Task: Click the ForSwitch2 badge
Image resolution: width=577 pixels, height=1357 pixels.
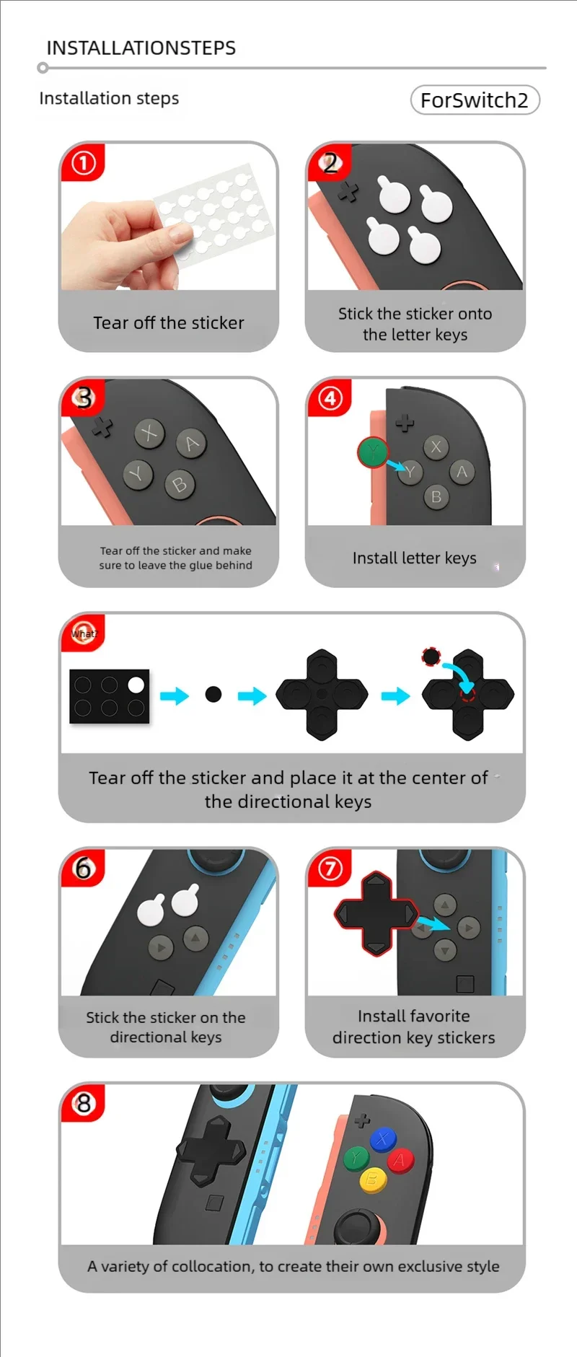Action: click(x=475, y=100)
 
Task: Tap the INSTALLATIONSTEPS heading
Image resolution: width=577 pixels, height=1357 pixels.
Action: click(x=141, y=48)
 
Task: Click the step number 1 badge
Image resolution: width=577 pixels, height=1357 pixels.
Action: click(x=84, y=163)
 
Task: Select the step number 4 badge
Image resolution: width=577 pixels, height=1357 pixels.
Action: click(x=330, y=398)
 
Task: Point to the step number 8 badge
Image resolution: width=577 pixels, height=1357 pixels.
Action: click(x=84, y=1103)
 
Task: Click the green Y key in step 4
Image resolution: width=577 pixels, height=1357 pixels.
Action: click(x=373, y=452)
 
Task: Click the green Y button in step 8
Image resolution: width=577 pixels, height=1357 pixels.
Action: click(x=356, y=1159)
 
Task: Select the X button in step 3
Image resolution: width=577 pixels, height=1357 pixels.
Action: click(x=149, y=433)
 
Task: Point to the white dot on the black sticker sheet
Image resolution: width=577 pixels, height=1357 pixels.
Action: click(x=136, y=685)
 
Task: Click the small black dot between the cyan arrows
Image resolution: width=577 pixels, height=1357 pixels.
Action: click(x=213, y=694)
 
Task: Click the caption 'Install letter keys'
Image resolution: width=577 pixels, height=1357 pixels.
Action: click(x=415, y=558)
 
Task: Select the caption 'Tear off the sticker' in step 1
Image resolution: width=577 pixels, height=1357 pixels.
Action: click(x=169, y=322)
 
